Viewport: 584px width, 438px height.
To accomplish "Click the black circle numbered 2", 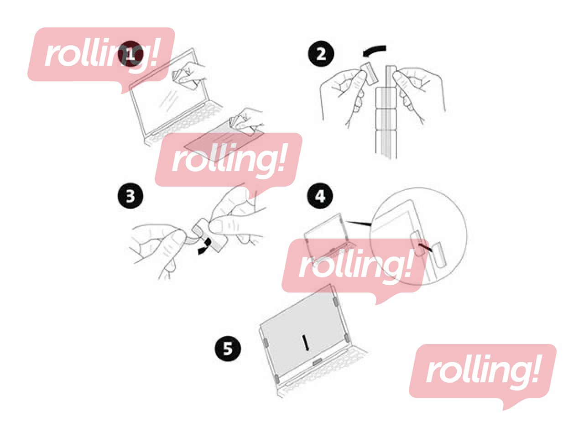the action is pyautogui.click(x=321, y=54).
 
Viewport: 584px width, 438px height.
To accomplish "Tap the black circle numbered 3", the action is pyautogui.click(x=130, y=196).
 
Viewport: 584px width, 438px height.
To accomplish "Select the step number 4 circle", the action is pyautogui.click(x=320, y=196).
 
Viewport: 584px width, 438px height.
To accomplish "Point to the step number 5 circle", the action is pyautogui.click(x=228, y=349).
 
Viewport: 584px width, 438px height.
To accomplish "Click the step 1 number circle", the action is pyautogui.click(x=130, y=54).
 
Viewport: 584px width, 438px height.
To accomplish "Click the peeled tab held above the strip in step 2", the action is pyautogui.click(x=370, y=73).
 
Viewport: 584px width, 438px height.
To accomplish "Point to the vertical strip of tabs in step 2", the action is pyautogui.click(x=386, y=112).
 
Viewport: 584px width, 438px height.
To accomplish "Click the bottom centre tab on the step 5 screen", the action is pyautogui.click(x=318, y=361).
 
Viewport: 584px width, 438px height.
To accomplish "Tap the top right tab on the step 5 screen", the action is pyautogui.click(x=336, y=302).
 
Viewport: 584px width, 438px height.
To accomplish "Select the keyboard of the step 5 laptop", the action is pyautogui.click(x=324, y=370).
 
